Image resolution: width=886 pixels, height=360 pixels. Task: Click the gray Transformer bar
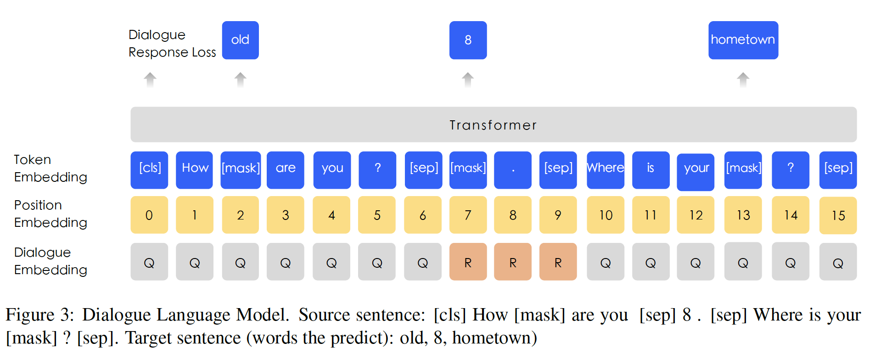coord(493,124)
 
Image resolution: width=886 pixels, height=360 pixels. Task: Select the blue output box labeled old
coord(240,40)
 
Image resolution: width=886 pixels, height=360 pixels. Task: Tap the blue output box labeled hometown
coord(743,40)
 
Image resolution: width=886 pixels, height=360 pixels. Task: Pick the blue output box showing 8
coord(468,40)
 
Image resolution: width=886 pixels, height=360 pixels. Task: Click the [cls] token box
coord(149,170)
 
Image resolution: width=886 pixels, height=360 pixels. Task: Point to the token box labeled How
coord(195,170)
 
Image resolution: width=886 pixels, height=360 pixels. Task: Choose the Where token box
coord(605,170)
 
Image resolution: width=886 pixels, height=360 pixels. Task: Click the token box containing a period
coord(512,170)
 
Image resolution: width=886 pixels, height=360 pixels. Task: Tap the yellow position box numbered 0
coord(149,215)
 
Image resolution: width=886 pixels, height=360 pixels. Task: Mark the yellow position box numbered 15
coord(838,215)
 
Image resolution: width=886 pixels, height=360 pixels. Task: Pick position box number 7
coord(468,215)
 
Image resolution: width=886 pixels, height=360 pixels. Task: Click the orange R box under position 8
coord(512,262)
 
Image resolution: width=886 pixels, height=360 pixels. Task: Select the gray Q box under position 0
coord(149,262)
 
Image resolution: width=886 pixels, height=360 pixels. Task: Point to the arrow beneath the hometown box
coord(743,80)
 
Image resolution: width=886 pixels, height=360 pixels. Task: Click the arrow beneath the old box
coord(240,80)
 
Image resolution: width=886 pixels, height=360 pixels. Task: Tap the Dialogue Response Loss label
coord(172,44)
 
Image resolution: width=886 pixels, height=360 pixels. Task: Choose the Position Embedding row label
coord(50,214)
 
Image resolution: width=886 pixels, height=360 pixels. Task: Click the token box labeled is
coord(650,170)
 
